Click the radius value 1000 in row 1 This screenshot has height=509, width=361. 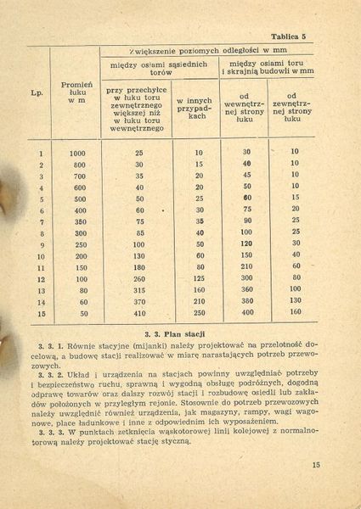[x=77, y=152]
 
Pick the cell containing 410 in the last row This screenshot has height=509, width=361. [x=138, y=312]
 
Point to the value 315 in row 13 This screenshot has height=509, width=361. [x=138, y=289]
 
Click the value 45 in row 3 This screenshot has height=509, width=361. [x=247, y=175]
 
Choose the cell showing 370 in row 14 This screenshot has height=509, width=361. [x=138, y=300]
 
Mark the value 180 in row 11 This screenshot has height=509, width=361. [x=138, y=266]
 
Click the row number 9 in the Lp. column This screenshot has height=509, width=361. [x=40, y=243]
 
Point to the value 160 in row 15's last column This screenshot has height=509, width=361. [x=295, y=312]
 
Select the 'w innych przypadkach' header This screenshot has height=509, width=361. [x=196, y=107]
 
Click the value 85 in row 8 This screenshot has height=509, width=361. [x=138, y=232]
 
